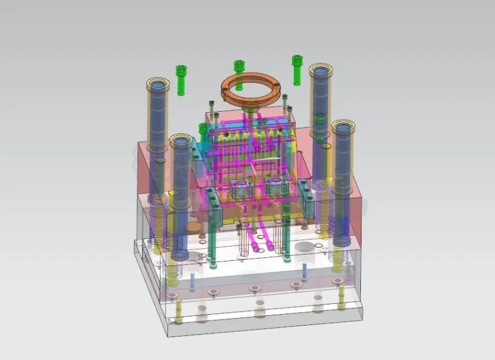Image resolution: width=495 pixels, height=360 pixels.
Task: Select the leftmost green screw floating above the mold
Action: pos(180,79)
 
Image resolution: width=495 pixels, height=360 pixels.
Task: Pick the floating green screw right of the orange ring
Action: pos(296,69)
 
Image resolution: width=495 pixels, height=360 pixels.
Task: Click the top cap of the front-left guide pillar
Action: pos(181,141)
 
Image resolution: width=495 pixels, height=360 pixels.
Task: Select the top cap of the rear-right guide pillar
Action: pos(322,70)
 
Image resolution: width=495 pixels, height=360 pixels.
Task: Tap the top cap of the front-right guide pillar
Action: pos(343,127)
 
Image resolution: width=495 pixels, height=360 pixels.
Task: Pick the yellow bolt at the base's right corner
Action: pos(342,297)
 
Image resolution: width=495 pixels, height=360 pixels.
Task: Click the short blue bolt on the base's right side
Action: pos(304,270)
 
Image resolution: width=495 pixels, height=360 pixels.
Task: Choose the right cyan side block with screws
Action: pos(305,200)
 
